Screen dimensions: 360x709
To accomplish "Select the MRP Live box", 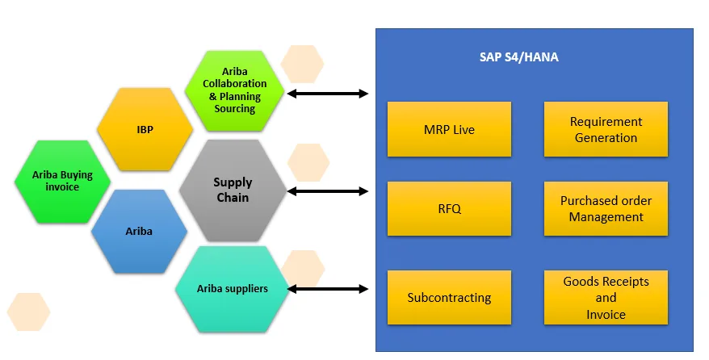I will click(x=449, y=129).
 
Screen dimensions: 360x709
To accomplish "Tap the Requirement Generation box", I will click(x=606, y=129).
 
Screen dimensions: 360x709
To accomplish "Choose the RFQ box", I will click(x=449, y=208).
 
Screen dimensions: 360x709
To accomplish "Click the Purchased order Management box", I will click(x=606, y=208).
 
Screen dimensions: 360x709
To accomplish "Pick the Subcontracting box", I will click(x=449, y=297).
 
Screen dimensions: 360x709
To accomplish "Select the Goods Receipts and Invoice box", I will click(x=606, y=297).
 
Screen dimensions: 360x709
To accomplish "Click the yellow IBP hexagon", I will click(x=145, y=128).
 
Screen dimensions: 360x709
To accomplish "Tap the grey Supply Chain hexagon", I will click(x=233, y=190).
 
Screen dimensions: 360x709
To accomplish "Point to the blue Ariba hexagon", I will click(x=139, y=231).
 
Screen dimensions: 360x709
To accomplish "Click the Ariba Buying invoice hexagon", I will click(x=62, y=181).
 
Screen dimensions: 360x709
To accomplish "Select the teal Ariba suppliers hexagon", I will click(x=233, y=289).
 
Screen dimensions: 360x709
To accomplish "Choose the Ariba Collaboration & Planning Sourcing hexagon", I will click(x=234, y=90).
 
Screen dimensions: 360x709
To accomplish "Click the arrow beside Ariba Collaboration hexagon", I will click(x=328, y=94).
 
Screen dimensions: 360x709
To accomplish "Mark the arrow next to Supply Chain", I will click(x=328, y=191).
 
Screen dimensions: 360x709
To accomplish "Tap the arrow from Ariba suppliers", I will click(x=328, y=288).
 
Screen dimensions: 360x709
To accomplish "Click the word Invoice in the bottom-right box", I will click(x=606, y=314).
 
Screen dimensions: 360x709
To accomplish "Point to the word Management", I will click(x=606, y=217).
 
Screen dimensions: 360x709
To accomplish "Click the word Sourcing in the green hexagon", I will click(x=235, y=108).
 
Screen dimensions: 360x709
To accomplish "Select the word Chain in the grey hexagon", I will click(x=233, y=198).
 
